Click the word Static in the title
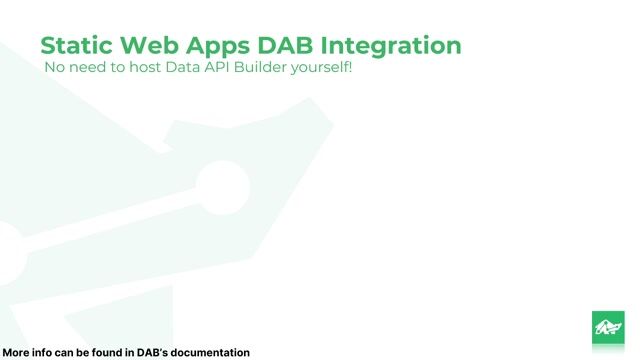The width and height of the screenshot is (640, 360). click(x=76, y=46)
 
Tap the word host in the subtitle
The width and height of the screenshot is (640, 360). click(x=147, y=68)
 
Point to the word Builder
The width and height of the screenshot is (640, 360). click(x=266, y=68)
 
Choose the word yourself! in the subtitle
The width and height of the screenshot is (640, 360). click(x=323, y=69)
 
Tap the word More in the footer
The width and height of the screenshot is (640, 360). click(x=16, y=352)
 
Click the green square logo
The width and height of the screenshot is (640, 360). click(x=608, y=327)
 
